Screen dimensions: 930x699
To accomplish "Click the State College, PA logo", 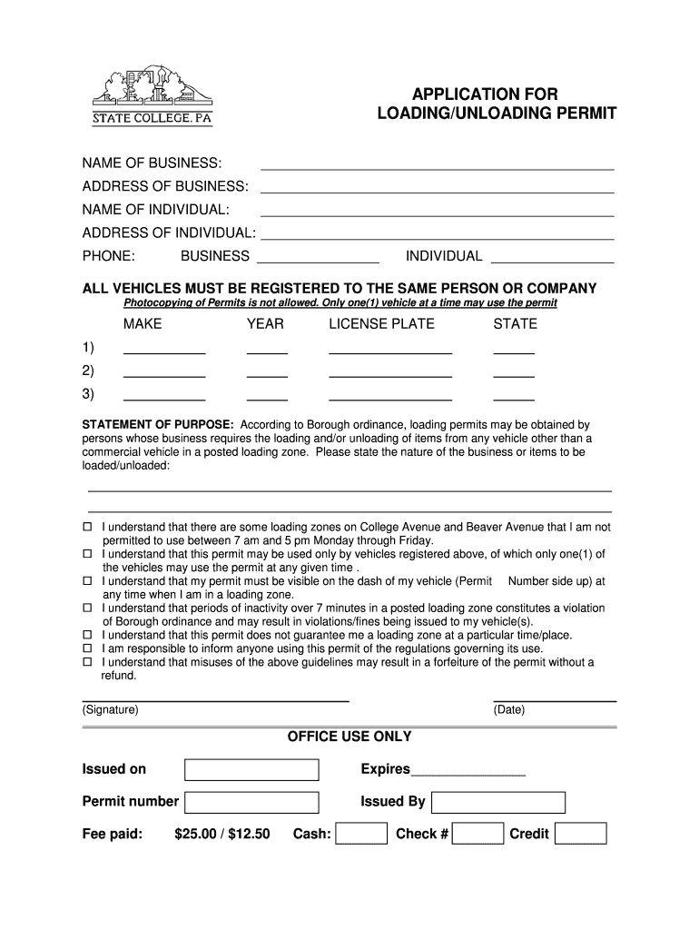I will (x=153, y=94).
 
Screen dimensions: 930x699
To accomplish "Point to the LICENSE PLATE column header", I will (x=381, y=324).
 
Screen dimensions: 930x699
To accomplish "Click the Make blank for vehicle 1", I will (x=164, y=349).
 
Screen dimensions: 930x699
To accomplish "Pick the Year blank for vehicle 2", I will (x=267, y=372).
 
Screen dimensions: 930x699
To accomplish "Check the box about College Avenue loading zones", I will (x=88, y=527).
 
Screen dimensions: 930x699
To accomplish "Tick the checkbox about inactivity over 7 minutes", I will (x=88, y=608).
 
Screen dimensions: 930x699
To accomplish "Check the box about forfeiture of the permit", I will (x=88, y=663).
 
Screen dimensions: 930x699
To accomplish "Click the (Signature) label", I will (x=110, y=710).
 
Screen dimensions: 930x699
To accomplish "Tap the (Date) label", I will (x=509, y=710).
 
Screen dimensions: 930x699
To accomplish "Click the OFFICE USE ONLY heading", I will (x=349, y=737).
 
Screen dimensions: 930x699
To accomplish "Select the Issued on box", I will (x=251, y=770).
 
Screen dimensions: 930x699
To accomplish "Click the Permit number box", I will (x=251, y=802).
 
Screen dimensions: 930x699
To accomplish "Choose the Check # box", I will (x=478, y=834).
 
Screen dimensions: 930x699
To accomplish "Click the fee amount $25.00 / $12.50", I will (x=222, y=834).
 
